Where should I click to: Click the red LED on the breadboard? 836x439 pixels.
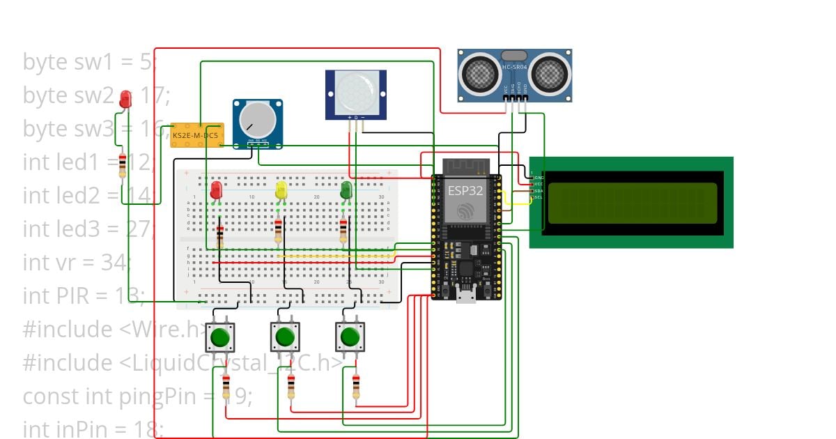(x=216, y=189)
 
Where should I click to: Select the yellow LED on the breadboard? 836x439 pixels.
(x=281, y=189)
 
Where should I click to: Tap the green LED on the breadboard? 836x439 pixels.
(x=346, y=189)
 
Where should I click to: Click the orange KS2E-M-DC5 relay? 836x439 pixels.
(x=196, y=134)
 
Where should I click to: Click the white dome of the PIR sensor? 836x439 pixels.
(x=355, y=88)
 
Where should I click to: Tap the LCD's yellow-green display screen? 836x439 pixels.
(x=632, y=202)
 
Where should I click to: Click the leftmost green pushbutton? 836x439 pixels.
(x=220, y=338)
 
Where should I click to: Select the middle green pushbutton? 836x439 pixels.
(x=285, y=338)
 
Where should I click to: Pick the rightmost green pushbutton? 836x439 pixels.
(x=350, y=338)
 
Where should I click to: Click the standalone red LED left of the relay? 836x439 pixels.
(x=125, y=99)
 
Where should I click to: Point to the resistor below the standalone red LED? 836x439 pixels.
(x=123, y=166)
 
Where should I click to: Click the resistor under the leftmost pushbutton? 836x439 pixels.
(x=226, y=387)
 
